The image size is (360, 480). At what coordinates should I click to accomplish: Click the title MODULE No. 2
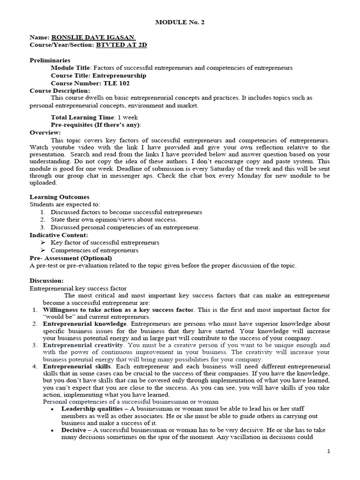coord(180,22)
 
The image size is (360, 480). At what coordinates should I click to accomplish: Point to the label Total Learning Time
coord(82,117)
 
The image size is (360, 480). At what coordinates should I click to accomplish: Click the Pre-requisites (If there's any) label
coord(95,125)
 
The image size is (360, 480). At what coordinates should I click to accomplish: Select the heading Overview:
coord(45,133)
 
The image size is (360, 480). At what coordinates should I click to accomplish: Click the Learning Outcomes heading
coord(60,197)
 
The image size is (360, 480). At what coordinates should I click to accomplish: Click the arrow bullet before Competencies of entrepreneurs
coord(43,250)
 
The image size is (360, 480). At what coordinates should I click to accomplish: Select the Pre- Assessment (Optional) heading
coord(71,258)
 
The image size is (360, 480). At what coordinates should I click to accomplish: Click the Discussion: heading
coord(46,280)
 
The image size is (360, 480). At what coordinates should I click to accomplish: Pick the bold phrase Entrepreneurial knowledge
coord(84,324)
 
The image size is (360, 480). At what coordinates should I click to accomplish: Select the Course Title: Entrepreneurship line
coord(98,75)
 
